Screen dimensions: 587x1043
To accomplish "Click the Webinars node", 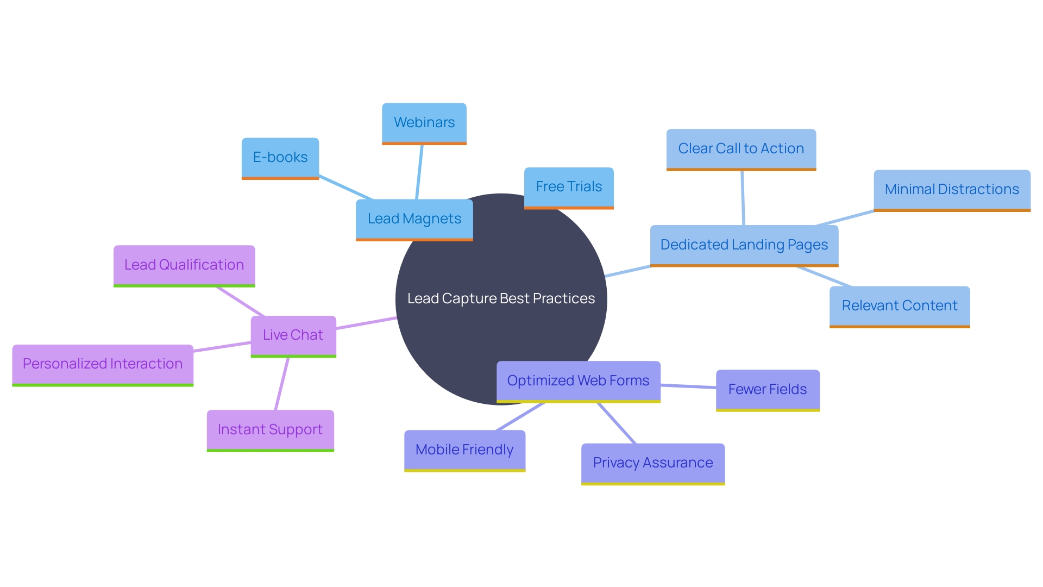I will (x=424, y=123).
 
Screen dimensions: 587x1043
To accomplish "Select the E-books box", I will (x=280, y=158).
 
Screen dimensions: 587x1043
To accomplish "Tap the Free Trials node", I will (x=569, y=187).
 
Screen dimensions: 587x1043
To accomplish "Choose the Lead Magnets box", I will (x=414, y=219).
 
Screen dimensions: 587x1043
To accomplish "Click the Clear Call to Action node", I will (x=741, y=149).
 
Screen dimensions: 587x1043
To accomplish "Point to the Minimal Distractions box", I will (x=952, y=190).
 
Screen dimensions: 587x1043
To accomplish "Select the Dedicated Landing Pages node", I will (x=744, y=245).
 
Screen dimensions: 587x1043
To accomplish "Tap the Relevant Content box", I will (x=900, y=306).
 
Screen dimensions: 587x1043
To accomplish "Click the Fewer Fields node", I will (x=768, y=390).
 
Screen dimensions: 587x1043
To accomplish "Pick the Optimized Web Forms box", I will (x=578, y=381).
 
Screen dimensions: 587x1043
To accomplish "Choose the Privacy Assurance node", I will (x=653, y=463).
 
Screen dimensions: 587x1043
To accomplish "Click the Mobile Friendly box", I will (x=464, y=450).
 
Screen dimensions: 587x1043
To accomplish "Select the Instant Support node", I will (x=270, y=430).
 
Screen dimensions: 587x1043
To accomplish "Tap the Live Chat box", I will (x=293, y=335).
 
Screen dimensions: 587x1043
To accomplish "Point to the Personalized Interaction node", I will (x=103, y=364).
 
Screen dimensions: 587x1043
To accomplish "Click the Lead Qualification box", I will (x=184, y=265).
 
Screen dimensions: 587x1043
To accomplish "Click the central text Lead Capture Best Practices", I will (x=501, y=299).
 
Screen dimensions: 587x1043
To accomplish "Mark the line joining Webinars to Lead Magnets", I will (x=419, y=172).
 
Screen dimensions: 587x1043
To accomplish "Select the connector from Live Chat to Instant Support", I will (x=282, y=384).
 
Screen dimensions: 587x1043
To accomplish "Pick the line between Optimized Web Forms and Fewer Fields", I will (x=688, y=386).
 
